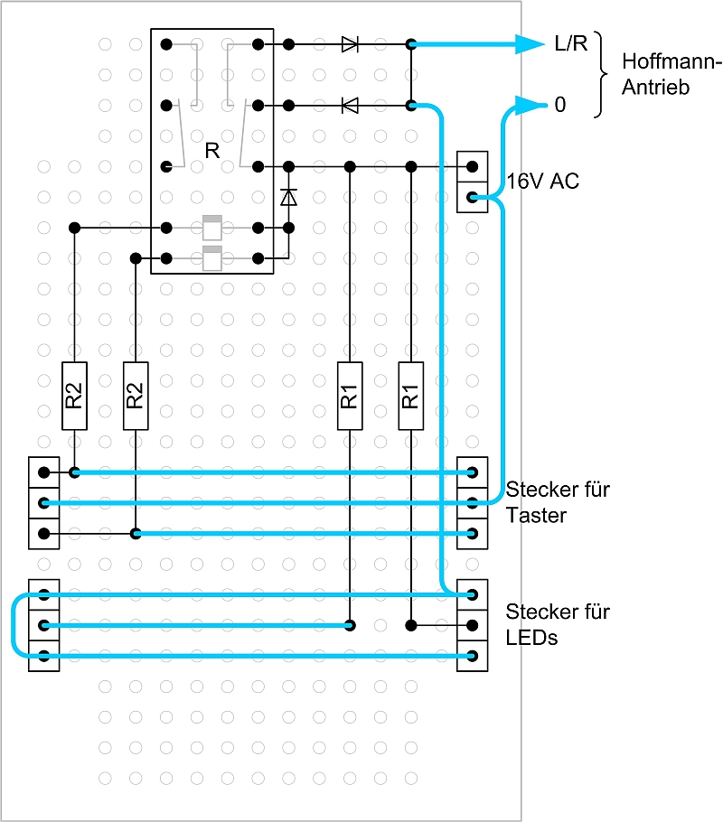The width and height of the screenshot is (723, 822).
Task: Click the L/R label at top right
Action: coord(570,44)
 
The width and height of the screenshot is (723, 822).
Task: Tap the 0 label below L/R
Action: coord(560,106)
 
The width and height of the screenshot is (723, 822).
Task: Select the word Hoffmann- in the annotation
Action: coord(672,62)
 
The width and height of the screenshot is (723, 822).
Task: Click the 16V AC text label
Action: coord(542,182)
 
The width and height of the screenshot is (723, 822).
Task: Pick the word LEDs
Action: coord(532,638)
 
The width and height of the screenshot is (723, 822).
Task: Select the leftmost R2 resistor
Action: coord(74,396)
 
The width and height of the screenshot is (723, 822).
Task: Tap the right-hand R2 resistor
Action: coord(135,396)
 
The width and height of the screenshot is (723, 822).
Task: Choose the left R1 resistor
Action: coord(350,396)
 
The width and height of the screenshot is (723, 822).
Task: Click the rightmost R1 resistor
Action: coord(410,396)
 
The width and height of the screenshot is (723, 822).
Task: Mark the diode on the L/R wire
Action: coord(350,43)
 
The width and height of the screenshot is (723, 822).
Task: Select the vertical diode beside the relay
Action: coord(288,196)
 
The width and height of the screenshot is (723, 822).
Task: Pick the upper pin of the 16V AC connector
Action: coord(473,166)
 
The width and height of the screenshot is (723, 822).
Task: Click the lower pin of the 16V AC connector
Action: coord(473,197)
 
